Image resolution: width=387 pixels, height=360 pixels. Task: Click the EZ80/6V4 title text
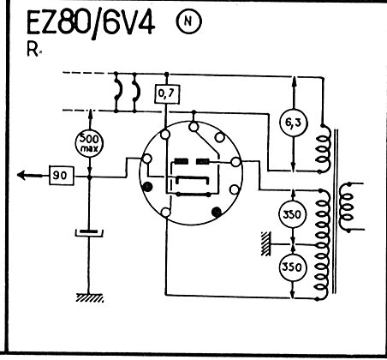[91, 24]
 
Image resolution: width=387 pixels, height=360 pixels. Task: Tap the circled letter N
[188, 21]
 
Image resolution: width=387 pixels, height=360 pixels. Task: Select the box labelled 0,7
[167, 93]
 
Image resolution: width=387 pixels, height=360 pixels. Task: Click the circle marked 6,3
[294, 123]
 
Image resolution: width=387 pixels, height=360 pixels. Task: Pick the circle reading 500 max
[89, 144]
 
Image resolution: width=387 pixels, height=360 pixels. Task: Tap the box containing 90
[62, 176]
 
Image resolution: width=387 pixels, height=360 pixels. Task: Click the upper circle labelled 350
[293, 214]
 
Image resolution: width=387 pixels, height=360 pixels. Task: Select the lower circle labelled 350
[293, 267]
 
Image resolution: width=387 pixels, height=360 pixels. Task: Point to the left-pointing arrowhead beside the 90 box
[23, 175]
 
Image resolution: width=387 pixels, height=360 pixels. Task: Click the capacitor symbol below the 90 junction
[89, 232]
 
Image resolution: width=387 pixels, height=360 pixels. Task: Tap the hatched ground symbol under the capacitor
[90, 298]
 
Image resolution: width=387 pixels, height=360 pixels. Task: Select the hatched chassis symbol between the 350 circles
[265, 243]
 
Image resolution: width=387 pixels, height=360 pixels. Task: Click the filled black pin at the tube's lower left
[147, 187]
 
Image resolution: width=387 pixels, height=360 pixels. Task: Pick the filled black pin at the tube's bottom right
[217, 212]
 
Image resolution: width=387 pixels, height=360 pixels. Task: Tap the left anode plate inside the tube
[182, 161]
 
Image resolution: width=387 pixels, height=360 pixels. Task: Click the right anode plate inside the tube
[203, 162]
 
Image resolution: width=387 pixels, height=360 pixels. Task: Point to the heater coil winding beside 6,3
[324, 149]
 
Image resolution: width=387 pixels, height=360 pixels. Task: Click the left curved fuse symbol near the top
[117, 92]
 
